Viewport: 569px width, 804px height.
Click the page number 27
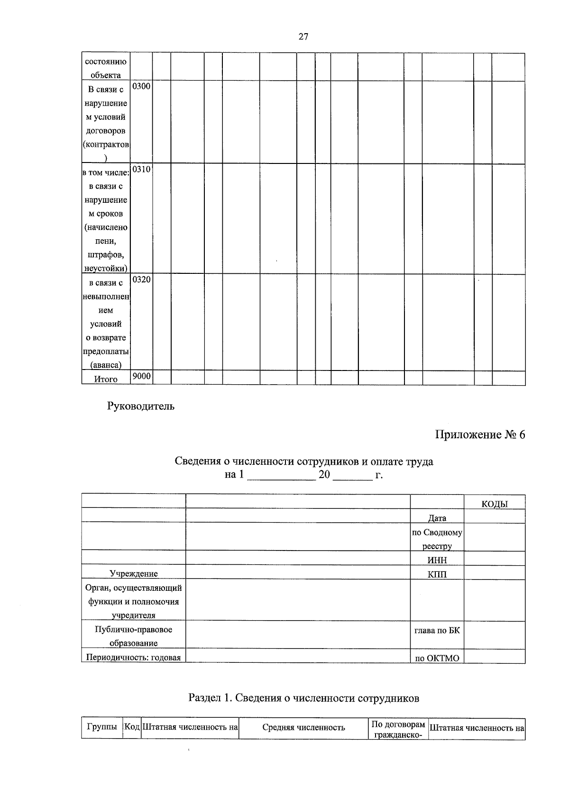[303, 36]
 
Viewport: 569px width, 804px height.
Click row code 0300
[141, 86]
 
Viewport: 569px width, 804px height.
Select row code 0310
[141, 169]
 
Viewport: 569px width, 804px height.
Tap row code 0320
[141, 280]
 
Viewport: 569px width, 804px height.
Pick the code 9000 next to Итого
[141, 376]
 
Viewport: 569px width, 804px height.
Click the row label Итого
[105, 379]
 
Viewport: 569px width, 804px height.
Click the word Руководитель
[141, 406]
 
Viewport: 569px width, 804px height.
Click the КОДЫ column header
[494, 504]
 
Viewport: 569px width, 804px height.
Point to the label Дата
[437, 518]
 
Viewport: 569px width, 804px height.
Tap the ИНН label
[437, 560]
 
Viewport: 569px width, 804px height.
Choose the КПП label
[437, 574]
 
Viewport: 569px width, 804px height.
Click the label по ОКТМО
[437, 658]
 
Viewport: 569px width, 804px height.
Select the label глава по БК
[437, 630]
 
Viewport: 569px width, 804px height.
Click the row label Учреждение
[133, 574]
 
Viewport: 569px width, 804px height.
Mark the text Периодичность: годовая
[133, 658]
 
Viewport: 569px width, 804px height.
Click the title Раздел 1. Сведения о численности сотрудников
[303, 698]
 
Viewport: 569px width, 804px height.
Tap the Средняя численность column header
[303, 727]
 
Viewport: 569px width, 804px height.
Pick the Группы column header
[102, 726]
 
